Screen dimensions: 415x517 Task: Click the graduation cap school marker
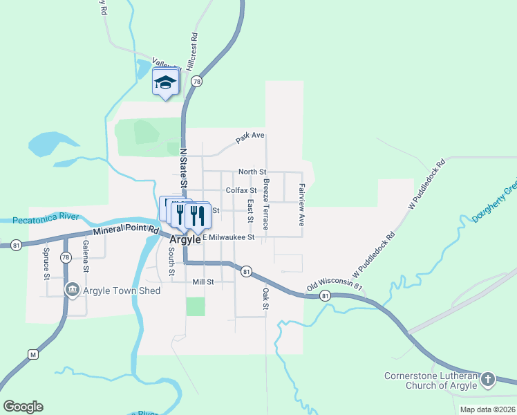(x=165, y=83)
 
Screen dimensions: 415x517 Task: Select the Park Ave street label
(x=250, y=138)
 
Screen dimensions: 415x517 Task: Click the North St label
(x=252, y=172)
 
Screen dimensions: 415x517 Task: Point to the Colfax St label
(x=241, y=190)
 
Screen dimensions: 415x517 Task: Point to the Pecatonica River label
(x=47, y=219)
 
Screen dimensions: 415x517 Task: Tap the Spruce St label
(x=47, y=263)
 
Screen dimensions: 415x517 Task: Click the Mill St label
(x=203, y=282)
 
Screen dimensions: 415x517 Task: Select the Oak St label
(x=265, y=298)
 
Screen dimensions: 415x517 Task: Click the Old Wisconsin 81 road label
(x=335, y=284)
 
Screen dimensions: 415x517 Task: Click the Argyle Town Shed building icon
(x=71, y=290)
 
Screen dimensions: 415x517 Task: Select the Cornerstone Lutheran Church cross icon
(x=488, y=379)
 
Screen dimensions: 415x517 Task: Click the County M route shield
(x=32, y=354)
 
